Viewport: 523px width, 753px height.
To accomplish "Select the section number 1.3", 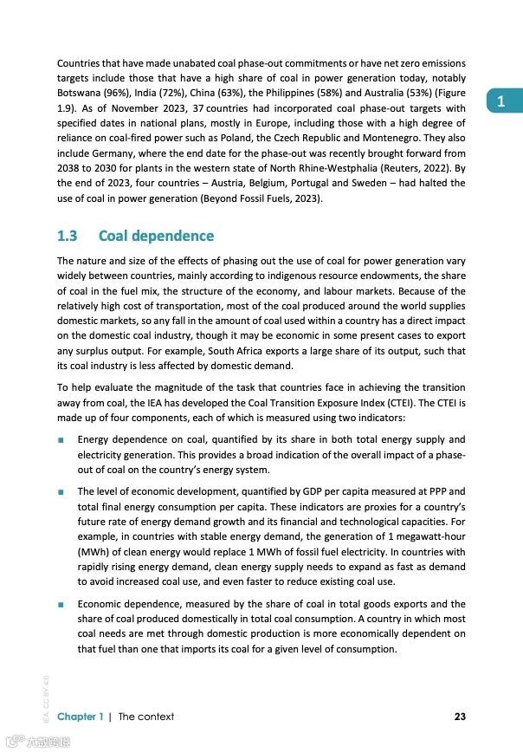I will (x=67, y=236).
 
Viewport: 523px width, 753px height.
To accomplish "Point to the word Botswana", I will (x=81, y=93).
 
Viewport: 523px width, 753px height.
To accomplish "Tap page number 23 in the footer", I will (x=459, y=716).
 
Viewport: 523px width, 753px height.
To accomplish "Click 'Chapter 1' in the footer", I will (x=81, y=716).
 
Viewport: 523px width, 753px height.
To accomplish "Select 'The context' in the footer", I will (x=145, y=716).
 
